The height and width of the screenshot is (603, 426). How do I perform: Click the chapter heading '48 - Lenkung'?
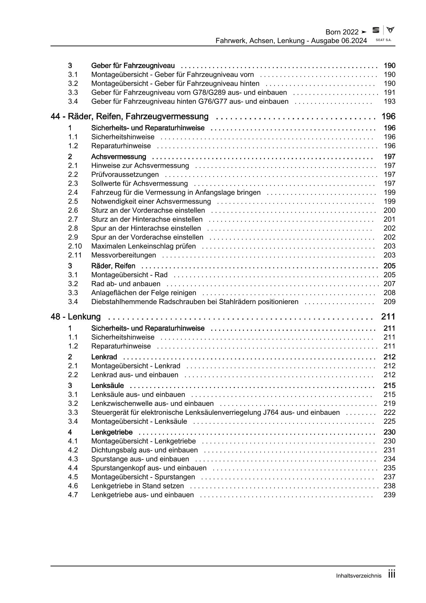[76, 317]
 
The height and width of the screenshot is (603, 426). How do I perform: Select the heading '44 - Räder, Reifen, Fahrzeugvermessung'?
[130, 117]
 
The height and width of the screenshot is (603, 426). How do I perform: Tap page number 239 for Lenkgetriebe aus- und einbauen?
[389, 495]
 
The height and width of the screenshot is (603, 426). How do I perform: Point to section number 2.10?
[75, 246]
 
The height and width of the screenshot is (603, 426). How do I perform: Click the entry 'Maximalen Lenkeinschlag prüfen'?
[143, 246]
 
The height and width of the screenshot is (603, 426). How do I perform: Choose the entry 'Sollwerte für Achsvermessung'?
[139, 184]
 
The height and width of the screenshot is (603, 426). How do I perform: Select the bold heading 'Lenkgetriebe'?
[112, 432]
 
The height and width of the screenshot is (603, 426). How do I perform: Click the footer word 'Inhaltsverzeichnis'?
[359, 576]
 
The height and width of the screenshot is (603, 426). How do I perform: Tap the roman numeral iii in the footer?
[392, 574]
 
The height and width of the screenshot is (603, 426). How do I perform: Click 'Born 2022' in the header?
[342, 32]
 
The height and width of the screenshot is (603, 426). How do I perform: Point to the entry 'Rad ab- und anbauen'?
[126, 284]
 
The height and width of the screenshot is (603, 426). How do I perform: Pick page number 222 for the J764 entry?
[389, 412]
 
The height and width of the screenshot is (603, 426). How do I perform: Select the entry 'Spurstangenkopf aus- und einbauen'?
[149, 468]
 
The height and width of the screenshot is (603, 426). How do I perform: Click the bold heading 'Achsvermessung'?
[119, 157]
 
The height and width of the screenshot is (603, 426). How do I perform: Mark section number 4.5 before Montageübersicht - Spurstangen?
[73, 477]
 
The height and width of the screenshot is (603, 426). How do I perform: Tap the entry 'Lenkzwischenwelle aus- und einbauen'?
[152, 403]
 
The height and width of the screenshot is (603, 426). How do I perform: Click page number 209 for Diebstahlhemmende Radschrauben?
[389, 302]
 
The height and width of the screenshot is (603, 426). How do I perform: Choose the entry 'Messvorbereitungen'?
[123, 255]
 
